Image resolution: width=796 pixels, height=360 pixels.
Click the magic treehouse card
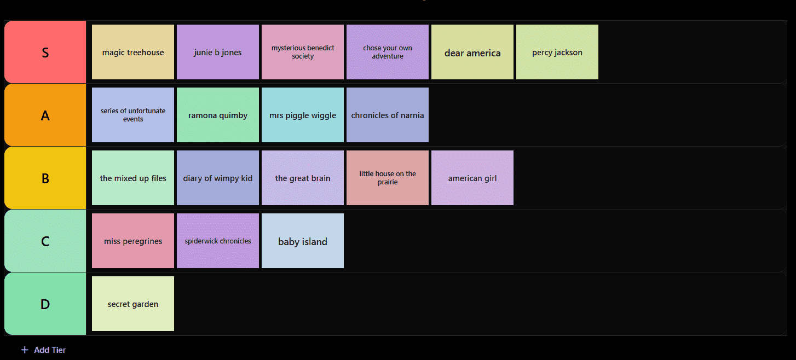(x=133, y=52)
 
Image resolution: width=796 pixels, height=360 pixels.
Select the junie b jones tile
(x=218, y=52)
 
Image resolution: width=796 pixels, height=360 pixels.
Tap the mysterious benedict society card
(x=303, y=52)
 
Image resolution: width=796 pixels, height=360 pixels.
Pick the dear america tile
(x=472, y=52)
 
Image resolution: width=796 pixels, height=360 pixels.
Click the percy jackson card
(x=557, y=52)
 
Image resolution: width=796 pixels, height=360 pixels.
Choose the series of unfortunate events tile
(x=133, y=115)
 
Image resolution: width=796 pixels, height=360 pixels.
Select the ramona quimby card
(x=218, y=115)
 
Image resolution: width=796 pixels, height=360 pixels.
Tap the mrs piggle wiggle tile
(x=303, y=115)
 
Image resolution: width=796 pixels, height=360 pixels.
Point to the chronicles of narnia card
(x=388, y=115)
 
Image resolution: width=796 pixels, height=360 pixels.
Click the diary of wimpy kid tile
(x=218, y=178)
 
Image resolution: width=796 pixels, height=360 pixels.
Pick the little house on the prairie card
(x=388, y=178)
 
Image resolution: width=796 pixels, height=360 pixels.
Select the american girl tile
(x=472, y=178)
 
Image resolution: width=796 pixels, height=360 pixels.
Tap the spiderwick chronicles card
(x=218, y=241)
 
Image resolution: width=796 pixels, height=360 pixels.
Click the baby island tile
(x=303, y=241)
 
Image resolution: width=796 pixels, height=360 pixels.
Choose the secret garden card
(x=133, y=304)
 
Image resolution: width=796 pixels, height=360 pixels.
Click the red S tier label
(x=45, y=52)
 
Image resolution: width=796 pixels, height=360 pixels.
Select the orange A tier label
(x=45, y=115)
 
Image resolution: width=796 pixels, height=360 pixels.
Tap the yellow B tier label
(x=45, y=178)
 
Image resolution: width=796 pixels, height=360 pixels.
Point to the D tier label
(x=45, y=304)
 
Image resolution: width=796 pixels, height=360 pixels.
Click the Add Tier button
(x=44, y=350)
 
